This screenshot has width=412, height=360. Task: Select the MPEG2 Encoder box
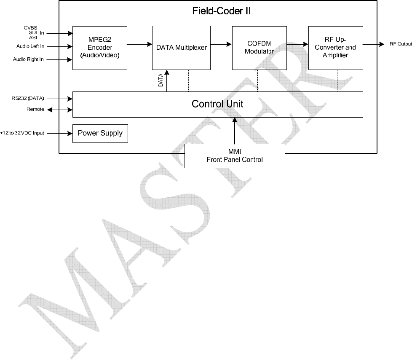[x=99, y=48]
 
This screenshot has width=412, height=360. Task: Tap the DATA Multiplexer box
[x=181, y=48]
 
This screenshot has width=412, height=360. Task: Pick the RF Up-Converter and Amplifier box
[x=335, y=48]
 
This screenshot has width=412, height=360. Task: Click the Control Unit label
[x=217, y=104]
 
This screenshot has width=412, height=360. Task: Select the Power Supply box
[x=100, y=133]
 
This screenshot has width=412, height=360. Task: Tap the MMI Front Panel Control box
[x=235, y=155]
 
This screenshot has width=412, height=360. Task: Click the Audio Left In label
[x=30, y=46]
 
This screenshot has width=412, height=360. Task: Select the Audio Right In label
[x=29, y=59]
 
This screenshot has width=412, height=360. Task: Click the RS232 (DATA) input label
[x=28, y=99]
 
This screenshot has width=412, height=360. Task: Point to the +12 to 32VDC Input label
[x=23, y=133]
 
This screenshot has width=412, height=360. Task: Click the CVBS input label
[x=30, y=28]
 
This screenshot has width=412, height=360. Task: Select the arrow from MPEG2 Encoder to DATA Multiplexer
[x=139, y=44]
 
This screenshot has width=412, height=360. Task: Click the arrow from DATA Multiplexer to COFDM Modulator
[x=221, y=44]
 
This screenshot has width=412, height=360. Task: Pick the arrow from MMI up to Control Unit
[x=235, y=130]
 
